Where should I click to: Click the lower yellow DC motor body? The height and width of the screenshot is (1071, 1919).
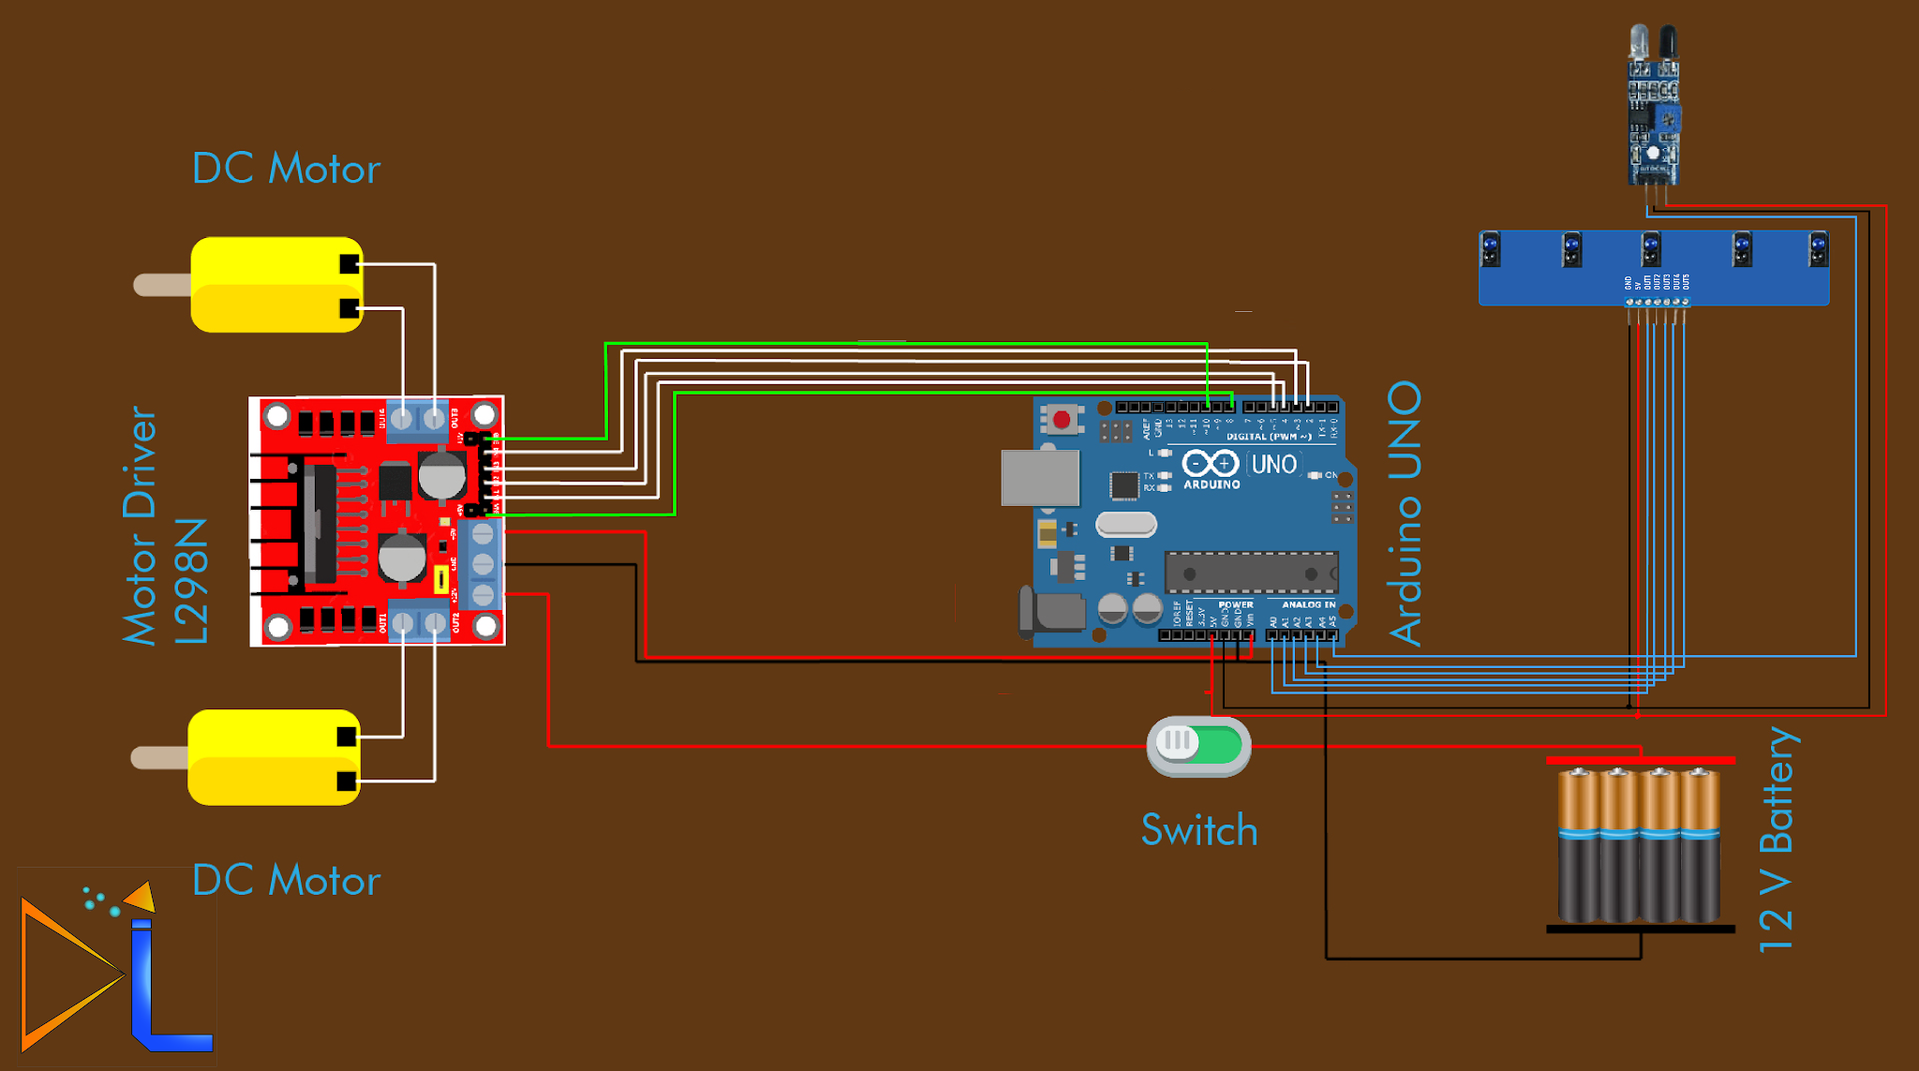273,757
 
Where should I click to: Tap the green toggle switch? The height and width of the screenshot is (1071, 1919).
1198,746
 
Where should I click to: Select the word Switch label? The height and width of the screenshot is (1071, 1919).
1198,830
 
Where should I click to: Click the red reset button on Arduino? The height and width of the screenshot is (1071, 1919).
1062,419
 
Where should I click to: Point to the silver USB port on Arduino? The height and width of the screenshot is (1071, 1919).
1039,477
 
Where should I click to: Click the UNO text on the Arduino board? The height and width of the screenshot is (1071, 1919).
1273,465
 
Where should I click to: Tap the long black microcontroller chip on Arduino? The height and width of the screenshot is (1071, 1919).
1250,573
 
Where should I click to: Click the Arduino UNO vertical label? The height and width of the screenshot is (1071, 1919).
1406,513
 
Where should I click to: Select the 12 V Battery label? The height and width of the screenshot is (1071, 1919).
1777,839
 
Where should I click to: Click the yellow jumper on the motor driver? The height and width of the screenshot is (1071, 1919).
440,579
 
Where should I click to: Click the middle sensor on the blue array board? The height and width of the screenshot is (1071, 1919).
1651,249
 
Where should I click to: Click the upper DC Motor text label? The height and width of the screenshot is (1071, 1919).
286,169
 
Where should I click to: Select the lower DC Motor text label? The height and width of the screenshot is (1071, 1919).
286,881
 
